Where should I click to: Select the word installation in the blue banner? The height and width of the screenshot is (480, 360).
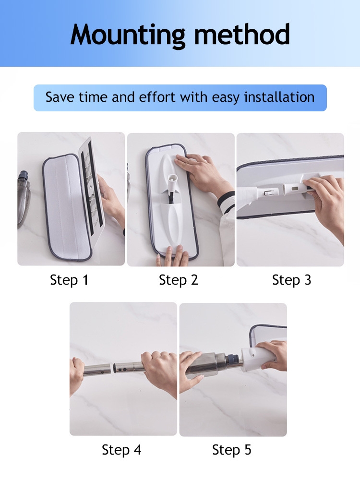click(279, 97)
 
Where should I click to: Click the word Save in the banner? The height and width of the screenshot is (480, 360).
click(60, 97)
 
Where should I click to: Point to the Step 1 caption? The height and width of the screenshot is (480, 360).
click(69, 280)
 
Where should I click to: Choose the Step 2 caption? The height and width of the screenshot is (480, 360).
click(179, 280)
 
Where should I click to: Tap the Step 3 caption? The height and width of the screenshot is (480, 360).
click(292, 280)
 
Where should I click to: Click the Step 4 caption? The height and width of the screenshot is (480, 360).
click(121, 450)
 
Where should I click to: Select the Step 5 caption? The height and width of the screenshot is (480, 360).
click(232, 450)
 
